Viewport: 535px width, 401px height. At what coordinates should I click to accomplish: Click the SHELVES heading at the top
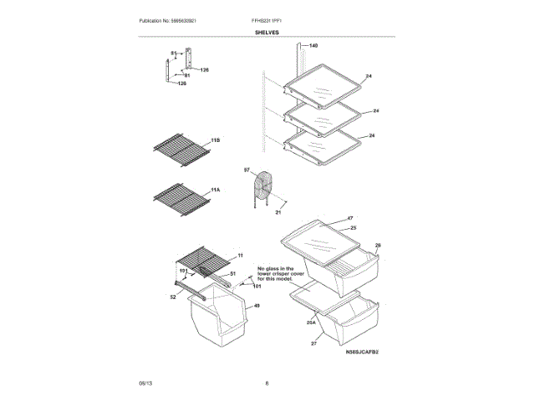click(267, 33)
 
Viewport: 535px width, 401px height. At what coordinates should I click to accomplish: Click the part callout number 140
click(313, 45)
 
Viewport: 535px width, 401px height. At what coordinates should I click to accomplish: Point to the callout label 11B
click(215, 140)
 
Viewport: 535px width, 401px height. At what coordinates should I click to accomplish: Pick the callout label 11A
click(215, 190)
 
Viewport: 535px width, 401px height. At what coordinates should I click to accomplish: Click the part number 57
click(247, 170)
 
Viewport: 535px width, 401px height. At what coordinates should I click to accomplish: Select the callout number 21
click(278, 212)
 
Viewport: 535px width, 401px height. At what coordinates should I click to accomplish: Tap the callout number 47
click(351, 218)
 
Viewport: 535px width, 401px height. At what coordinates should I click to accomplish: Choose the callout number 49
click(257, 306)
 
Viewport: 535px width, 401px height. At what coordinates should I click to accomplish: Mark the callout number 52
click(173, 296)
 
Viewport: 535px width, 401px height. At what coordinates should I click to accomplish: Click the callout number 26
click(378, 246)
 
